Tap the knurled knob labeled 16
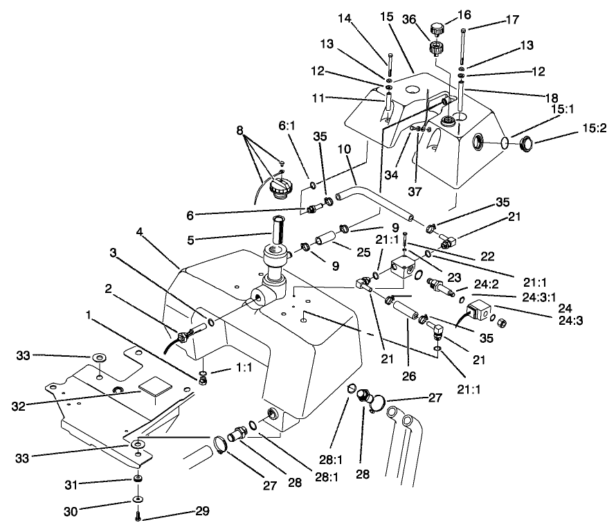(437, 28)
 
